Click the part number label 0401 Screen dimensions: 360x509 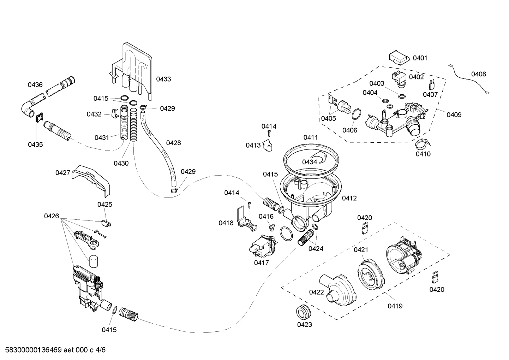tap(420, 58)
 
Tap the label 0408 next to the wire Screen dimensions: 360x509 tap(478, 74)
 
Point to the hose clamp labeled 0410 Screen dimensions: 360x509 tap(423, 143)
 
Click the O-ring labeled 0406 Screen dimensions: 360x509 tap(356, 114)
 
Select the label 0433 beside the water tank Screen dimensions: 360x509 tap(163, 79)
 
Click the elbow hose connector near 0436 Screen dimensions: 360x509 tap(29, 108)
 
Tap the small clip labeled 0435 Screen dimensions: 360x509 tap(39, 117)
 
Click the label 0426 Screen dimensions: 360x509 tap(52, 216)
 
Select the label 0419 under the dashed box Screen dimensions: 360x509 tap(395, 306)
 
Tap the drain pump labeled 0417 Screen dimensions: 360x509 tap(263, 246)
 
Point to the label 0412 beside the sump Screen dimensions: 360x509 tap(349, 199)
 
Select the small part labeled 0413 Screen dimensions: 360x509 tap(268, 146)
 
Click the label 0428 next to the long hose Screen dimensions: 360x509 tap(173, 143)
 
